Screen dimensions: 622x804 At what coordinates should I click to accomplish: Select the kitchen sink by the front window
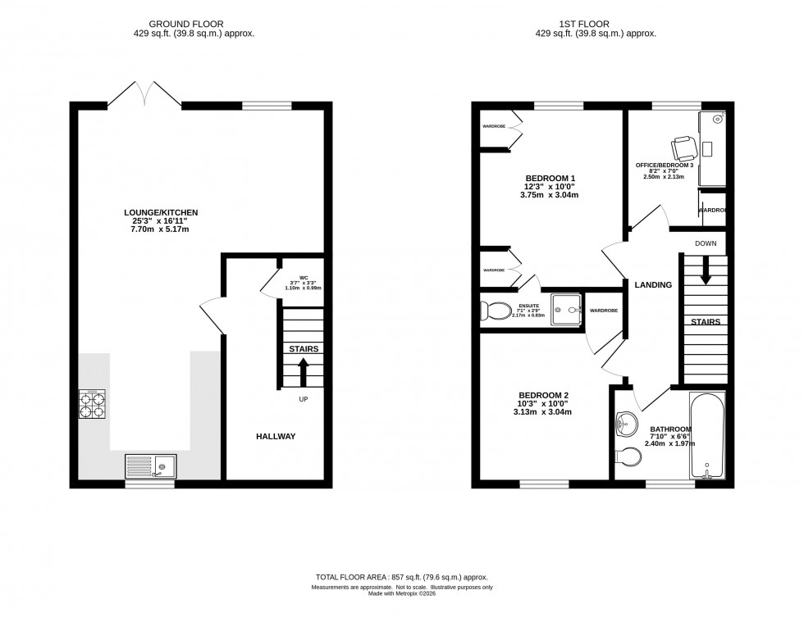(150, 467)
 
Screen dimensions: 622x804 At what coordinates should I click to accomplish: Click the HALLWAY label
(274, 436)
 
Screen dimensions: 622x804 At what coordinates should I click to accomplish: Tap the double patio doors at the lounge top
(144, 94)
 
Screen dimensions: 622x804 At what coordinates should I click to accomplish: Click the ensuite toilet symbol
(494, 311)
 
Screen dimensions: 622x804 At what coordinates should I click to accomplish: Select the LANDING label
(652, 285)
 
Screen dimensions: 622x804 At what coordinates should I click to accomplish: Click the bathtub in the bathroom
(706, 438)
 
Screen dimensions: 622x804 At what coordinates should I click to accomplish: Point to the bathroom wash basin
(626, 423)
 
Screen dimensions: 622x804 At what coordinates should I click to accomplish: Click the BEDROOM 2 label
(542, 395)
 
